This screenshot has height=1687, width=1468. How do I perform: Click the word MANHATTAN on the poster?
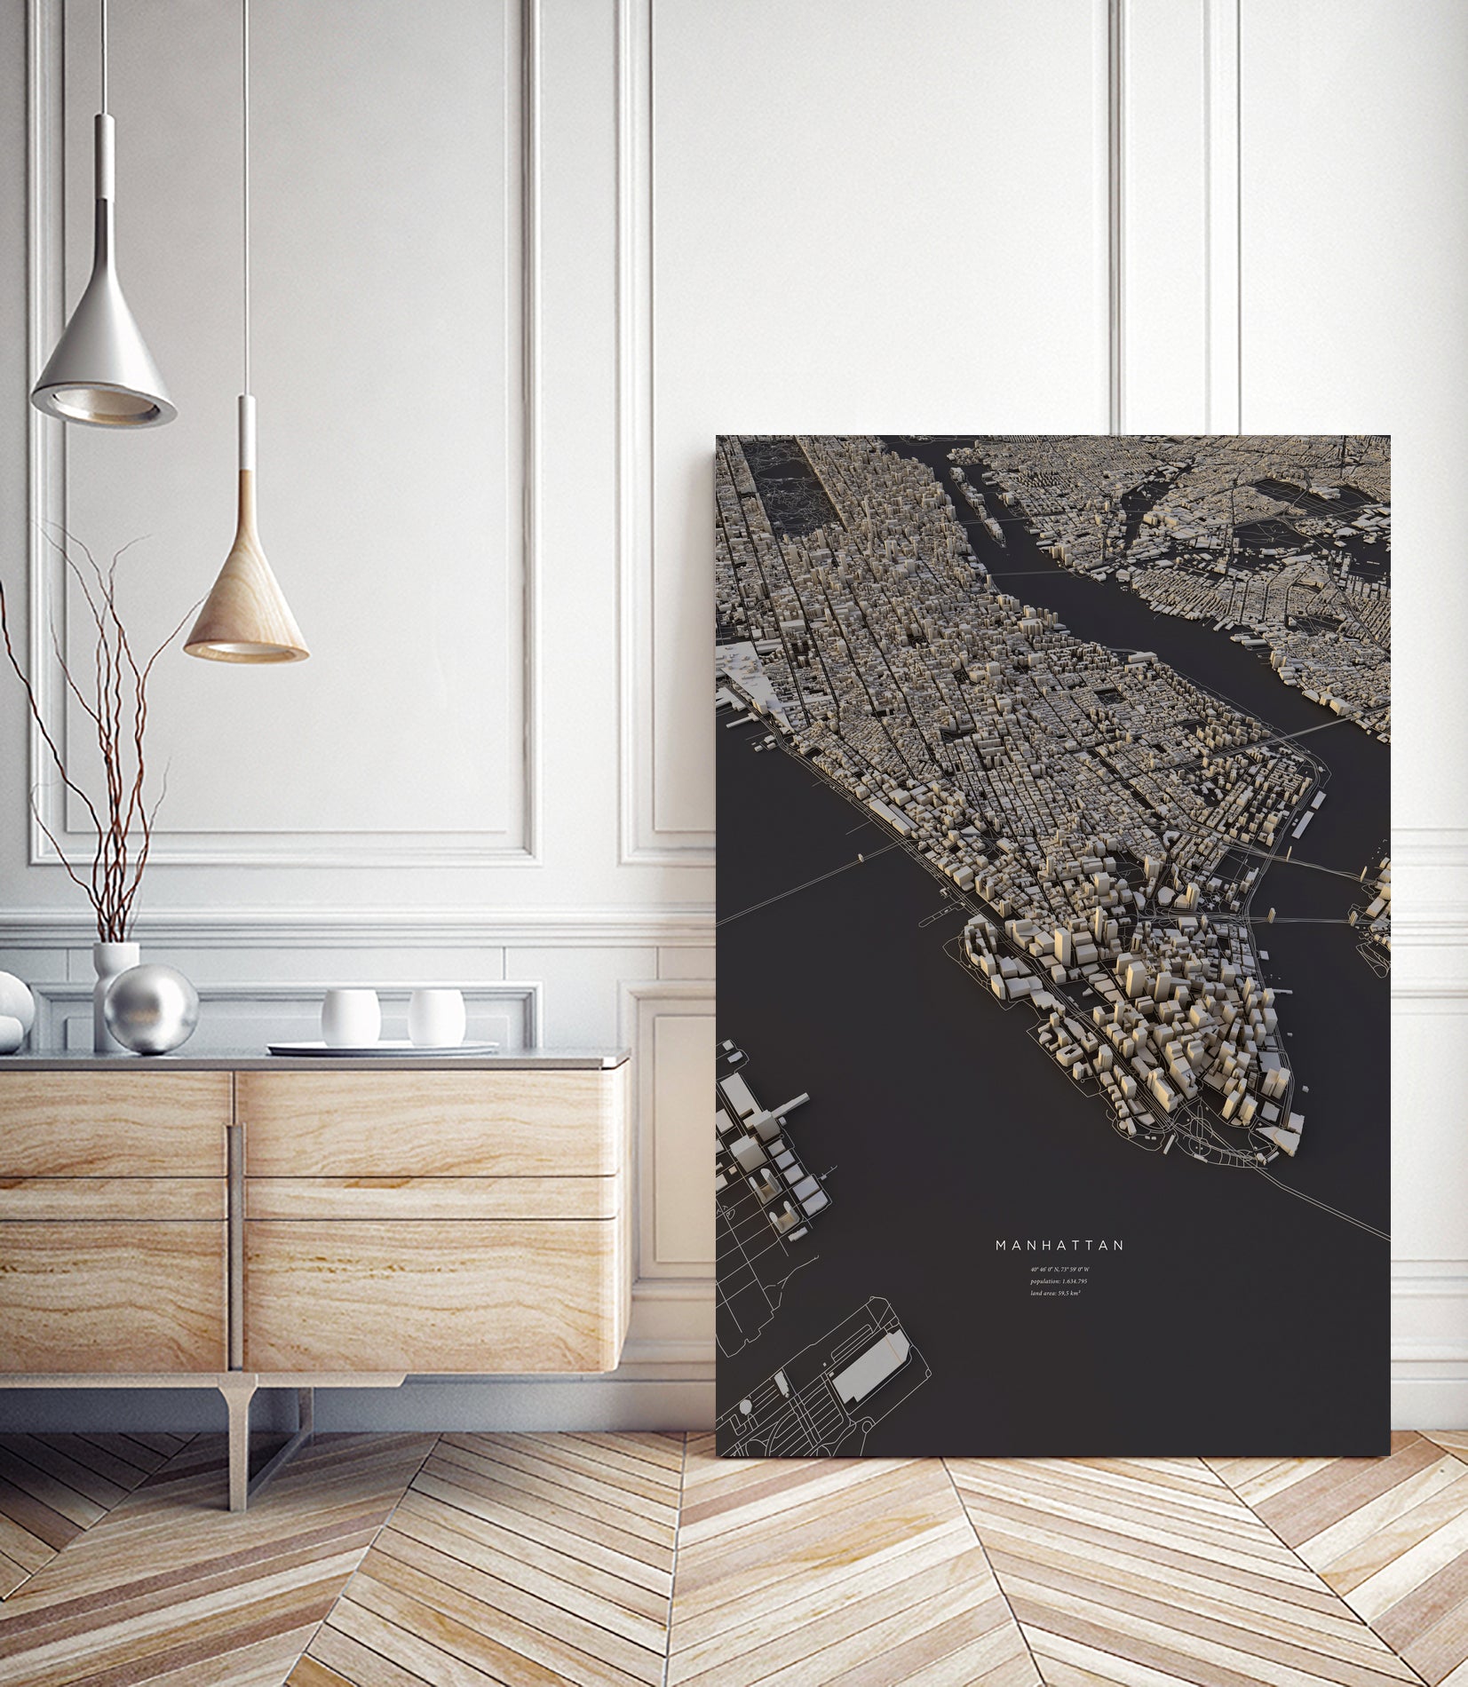tap(1059, 1246)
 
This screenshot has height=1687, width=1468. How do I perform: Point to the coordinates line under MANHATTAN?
tap(1059, 1269)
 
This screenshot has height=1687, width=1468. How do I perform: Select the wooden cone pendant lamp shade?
tap(247, 604)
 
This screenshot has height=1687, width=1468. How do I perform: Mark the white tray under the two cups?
tap(382, 1049)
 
